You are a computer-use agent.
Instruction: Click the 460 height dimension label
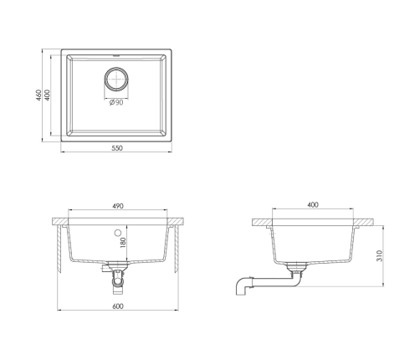(x=38, y=95)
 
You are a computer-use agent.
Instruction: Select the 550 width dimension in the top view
(x=117, y=148)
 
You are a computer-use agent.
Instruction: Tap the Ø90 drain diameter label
(x=116, y=103)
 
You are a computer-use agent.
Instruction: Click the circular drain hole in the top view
(x=116, y=80)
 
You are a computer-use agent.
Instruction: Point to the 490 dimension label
(x=118, y=206)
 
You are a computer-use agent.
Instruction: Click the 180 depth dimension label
(x=123, y=243)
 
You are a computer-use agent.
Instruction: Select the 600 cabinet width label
(x=118, y=306)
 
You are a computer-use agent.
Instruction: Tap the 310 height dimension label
(x=379, y=255)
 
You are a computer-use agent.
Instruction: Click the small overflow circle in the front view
(x=118, y=232)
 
